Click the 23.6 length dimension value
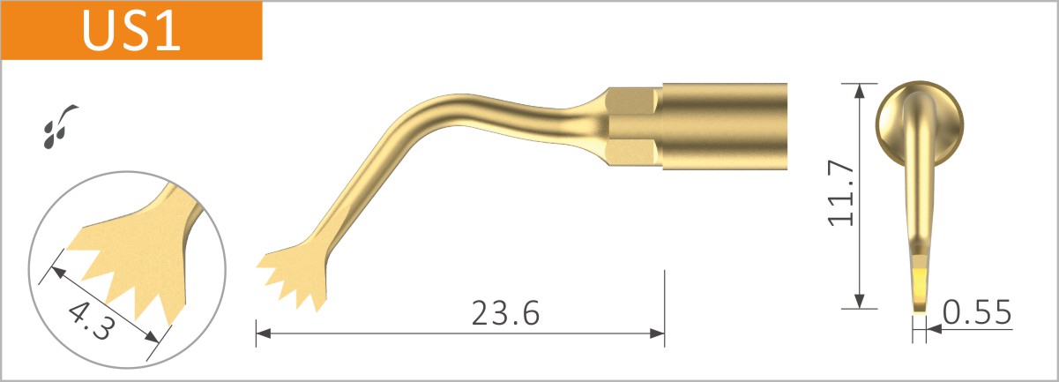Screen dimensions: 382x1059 505,313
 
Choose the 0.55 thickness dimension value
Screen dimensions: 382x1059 975,312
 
